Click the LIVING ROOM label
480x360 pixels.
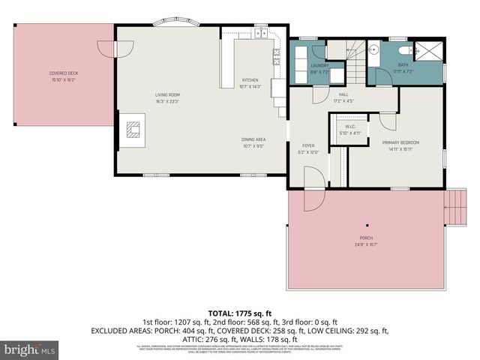(x=166, y=96)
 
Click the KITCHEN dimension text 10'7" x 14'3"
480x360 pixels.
(x=250, y=87)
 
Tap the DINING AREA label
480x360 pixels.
(x=253, y=139)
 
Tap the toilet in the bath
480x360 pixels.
(x=405, y=50)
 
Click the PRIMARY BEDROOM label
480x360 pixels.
(x=400, y=142)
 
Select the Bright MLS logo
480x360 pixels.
(x=30, y=349)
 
